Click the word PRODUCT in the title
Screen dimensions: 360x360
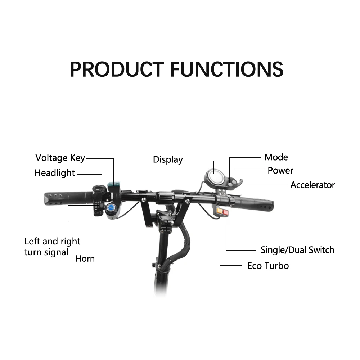[x=117, y=69]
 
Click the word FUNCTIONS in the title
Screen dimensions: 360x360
[x=226, y=69]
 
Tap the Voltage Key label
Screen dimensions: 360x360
[x=60, y=158]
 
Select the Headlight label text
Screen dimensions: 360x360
[x=55, y=173]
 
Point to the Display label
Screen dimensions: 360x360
[x=168, y=159]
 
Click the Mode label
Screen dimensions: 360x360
[x=276, y=157]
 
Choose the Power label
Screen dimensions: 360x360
[x=280, y=170]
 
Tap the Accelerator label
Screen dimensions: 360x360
[x=312, y=185]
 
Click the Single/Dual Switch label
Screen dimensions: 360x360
[x=297, y=250]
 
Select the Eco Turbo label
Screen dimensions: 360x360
[x=268, y=266]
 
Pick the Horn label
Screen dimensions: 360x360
[x=85, y=258]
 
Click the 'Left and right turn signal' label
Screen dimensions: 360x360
[x=52, y=247]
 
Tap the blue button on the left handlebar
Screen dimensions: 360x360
[x=111, y=207]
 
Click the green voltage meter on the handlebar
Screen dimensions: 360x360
[x=115, y=186]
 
